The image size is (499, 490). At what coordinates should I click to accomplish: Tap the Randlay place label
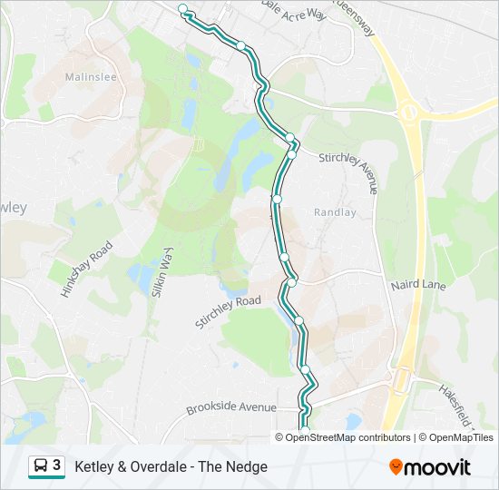336,212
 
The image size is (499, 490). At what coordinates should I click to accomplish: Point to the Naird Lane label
418,285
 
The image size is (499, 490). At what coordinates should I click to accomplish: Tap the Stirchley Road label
228,311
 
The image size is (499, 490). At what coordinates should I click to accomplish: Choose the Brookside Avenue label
230,407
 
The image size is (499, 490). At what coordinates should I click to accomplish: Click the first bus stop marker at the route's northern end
183,9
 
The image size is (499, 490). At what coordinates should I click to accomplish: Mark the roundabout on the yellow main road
409,113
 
